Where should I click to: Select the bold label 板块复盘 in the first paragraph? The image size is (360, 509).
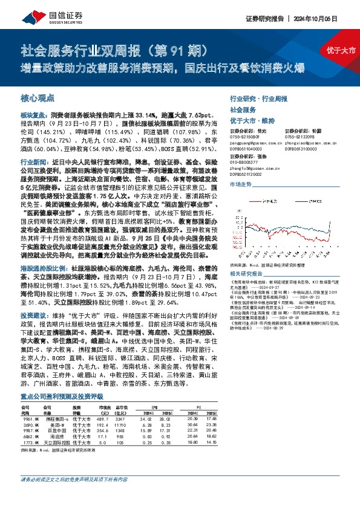[x=32, y=113]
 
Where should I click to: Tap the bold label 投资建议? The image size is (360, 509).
[x=32, y=315]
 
